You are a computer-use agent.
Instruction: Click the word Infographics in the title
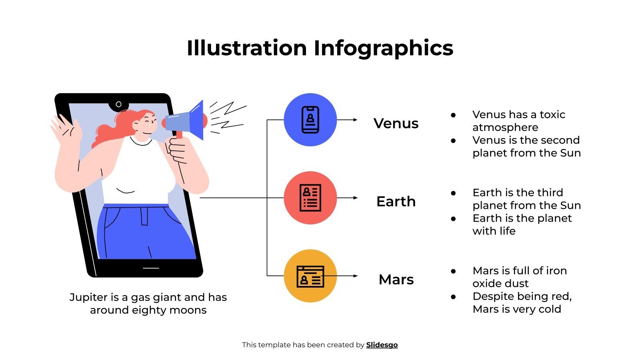click(x=383, y=48)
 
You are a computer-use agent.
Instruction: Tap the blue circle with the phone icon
click(x=310, y=120)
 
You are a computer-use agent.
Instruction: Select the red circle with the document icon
click(x=310, y=198)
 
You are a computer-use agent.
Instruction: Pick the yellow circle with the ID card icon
click(x=310, y=276)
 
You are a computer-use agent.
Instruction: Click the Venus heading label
click(x=396, y=123)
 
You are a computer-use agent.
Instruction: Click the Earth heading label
click(x=396, y=201)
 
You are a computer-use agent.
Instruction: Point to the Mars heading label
click(x=396, y=279)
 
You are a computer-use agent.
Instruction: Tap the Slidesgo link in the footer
click(x=382, y=345)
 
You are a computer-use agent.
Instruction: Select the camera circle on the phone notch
click(x=118, y=104)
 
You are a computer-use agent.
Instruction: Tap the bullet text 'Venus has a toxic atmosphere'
click(x=518, y=121)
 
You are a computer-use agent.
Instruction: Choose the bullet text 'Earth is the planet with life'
click(x=522, y=224)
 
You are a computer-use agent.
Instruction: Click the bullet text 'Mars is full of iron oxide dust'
click(x=519, y=277)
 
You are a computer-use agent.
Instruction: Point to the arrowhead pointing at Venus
click(x=355, y=120)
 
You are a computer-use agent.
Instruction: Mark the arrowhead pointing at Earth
click(x=355, y=198)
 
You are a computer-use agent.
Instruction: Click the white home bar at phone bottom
click(x=151, y=268)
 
